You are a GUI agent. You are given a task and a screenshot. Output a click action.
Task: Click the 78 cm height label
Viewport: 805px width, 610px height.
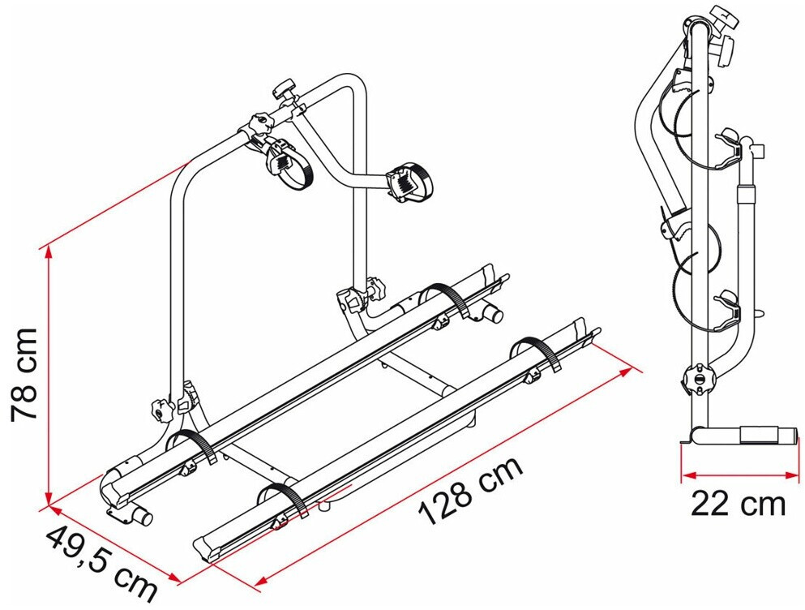(x=24, y=373)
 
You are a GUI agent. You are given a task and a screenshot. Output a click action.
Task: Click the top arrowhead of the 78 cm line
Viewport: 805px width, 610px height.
(x=49, y=252)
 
